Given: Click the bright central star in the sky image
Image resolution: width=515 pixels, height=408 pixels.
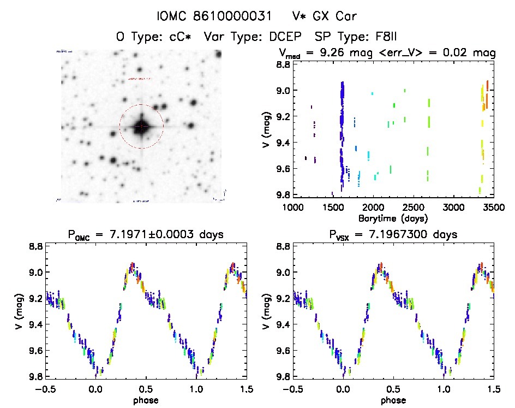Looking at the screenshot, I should click(x=141, y=126).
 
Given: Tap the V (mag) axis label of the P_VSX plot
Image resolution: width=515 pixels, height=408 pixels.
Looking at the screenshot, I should click(x=264, y=312).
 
